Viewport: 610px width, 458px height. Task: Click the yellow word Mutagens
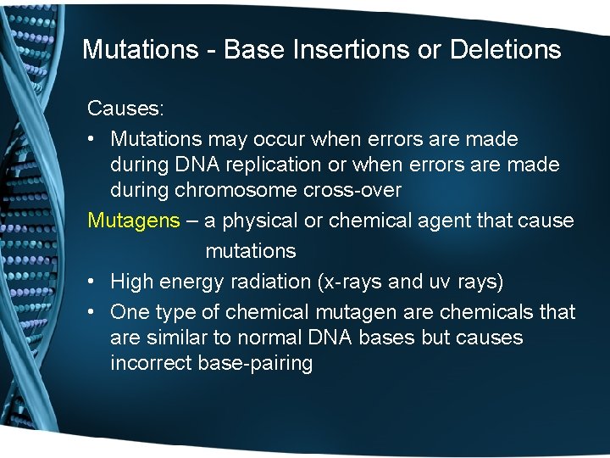click(x=134, y=221)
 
